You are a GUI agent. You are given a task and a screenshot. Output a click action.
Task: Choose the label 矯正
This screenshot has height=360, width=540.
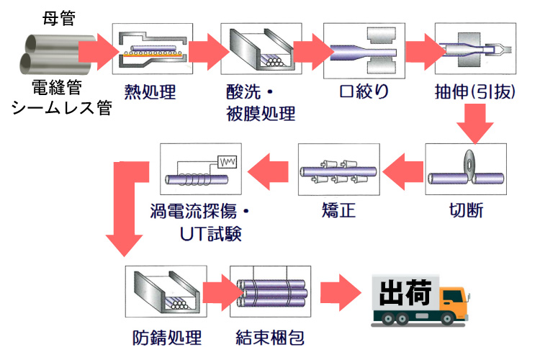pyautogui.click(x=338, y=211)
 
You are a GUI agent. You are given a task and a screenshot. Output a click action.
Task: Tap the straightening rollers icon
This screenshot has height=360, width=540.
pyautogui.click(x=339, y=170)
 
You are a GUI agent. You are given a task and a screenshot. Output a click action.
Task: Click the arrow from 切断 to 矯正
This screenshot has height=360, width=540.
pyautogui.click(x=402, y=171)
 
